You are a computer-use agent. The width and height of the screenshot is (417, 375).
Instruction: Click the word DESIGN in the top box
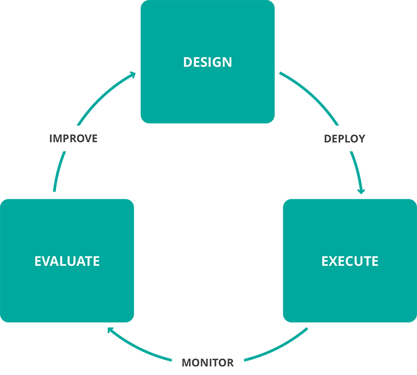(x=207, y=62)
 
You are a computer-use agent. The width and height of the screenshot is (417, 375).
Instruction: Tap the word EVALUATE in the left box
(x=67, y=261)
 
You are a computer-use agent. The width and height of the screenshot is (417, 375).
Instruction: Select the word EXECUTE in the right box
(x=349, y=261)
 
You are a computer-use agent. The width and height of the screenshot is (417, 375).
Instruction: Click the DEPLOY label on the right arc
(x=344, y=139)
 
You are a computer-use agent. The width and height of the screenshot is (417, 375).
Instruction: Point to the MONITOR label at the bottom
(x=208, y=363)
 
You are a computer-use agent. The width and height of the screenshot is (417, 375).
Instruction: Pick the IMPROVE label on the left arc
(x=73, y=139)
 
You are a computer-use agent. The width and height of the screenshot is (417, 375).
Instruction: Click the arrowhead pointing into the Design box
(x=133, y=75)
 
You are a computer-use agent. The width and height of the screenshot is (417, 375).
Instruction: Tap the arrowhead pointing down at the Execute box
(x=362, y=190)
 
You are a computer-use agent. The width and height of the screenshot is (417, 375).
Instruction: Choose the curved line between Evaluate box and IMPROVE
(x=57, y=175)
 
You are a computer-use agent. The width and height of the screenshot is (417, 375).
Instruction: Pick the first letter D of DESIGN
(x=188, y=62)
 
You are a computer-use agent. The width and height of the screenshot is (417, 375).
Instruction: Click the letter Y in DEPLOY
(x=362, y=139)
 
